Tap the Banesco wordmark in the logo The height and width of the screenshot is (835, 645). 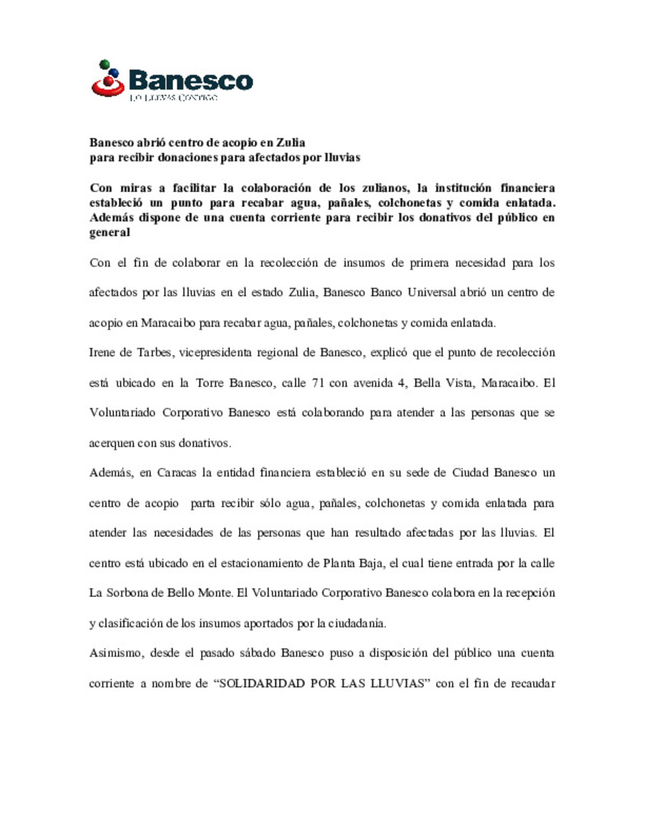tap(191, 80)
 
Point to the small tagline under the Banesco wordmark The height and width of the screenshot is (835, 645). tap(173, 97)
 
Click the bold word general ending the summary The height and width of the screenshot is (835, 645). tap(109, 233)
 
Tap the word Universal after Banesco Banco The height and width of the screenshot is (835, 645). tap(432, 293)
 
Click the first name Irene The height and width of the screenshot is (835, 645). tap(102, 352)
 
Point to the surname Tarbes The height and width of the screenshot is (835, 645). tap(155, 352)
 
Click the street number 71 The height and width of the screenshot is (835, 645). tap(318, 383)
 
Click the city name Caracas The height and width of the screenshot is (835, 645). tap(176, 473)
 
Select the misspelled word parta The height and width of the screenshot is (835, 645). tap(202, 504)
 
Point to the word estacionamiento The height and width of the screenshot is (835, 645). tap(262, 563)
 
